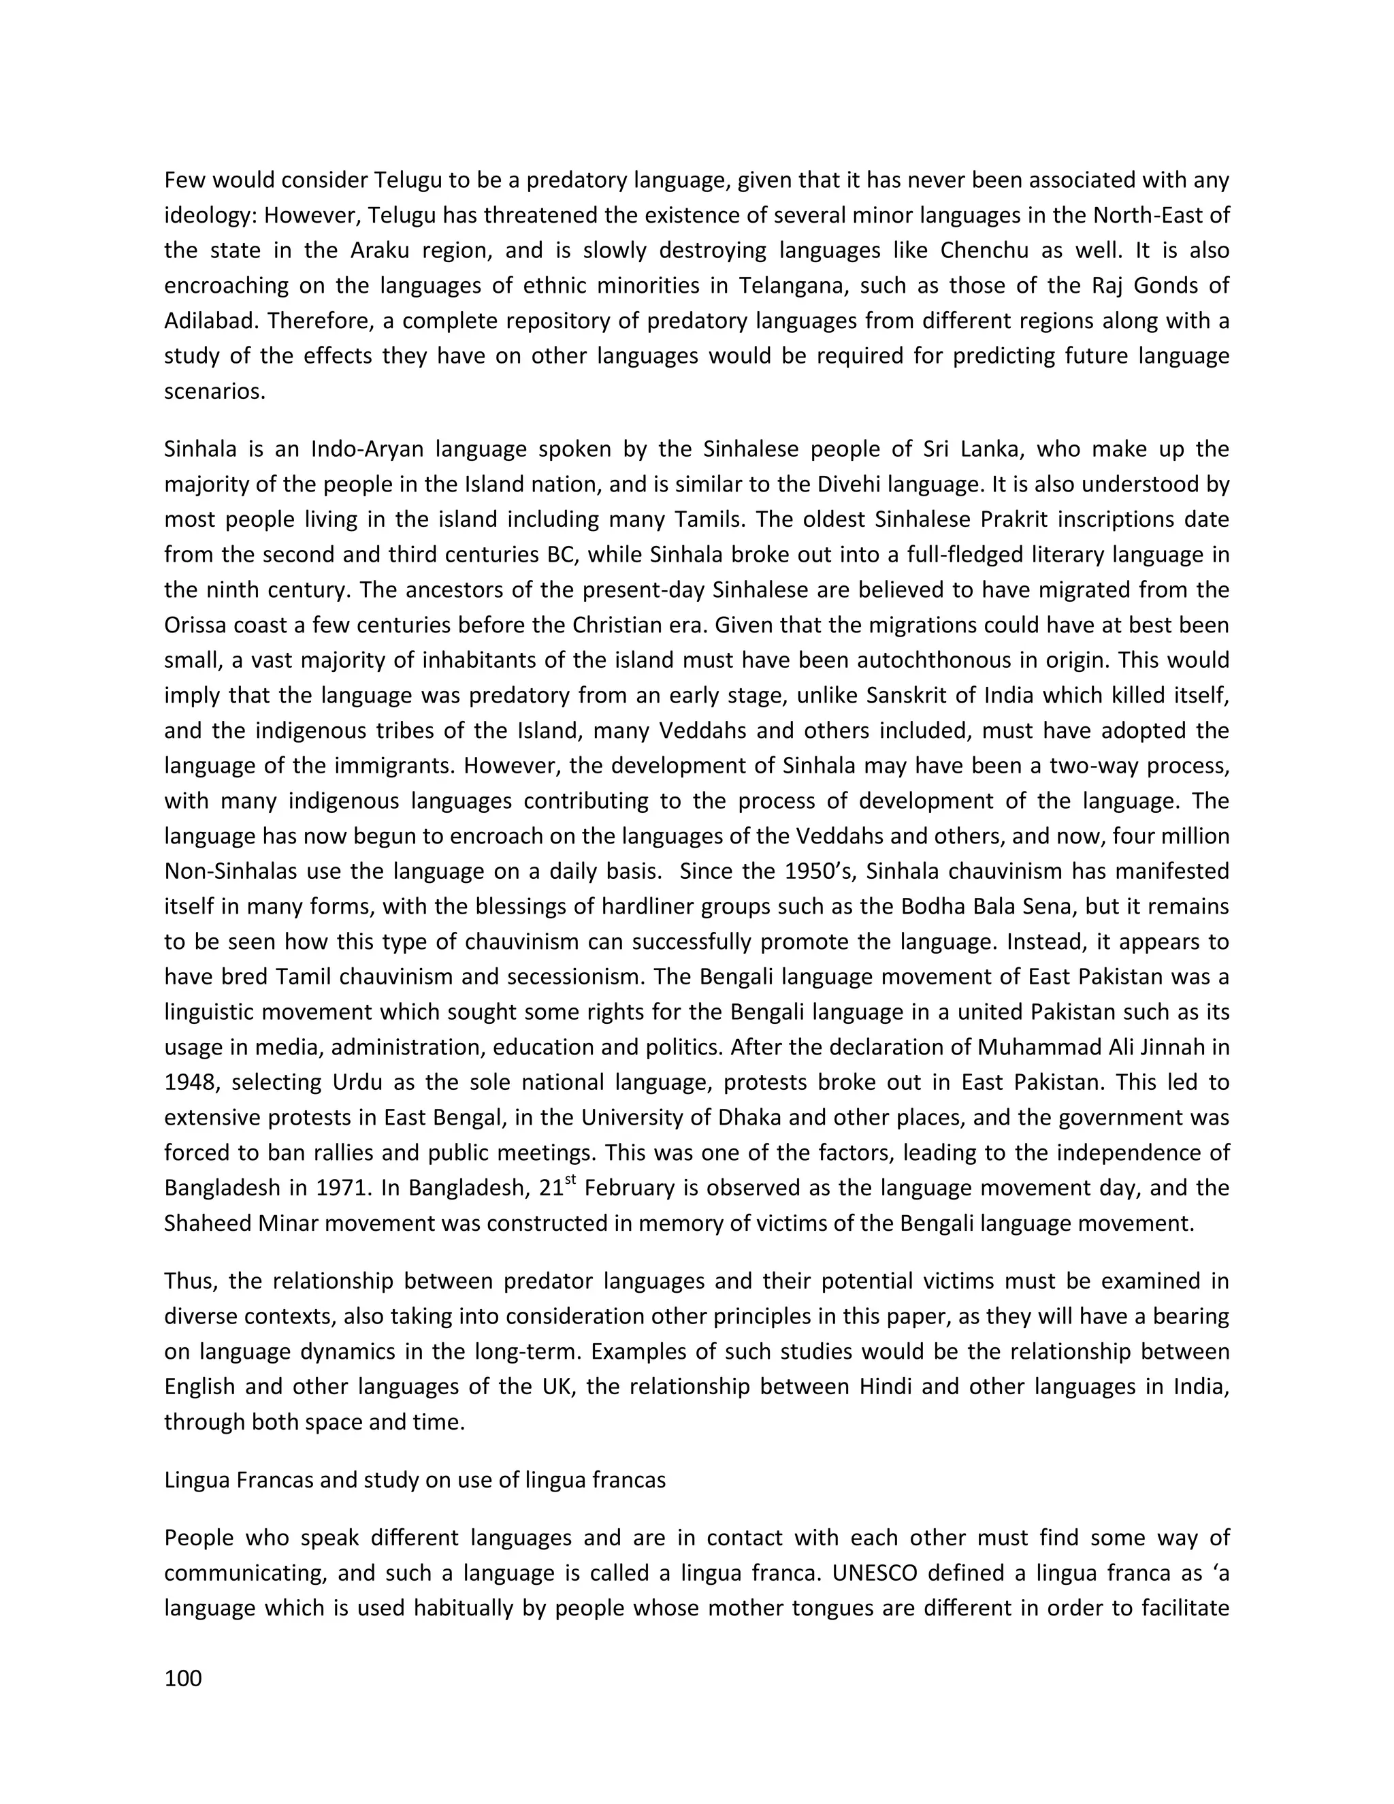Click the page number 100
tap(182, 1679)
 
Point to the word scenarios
tap(214, 391)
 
